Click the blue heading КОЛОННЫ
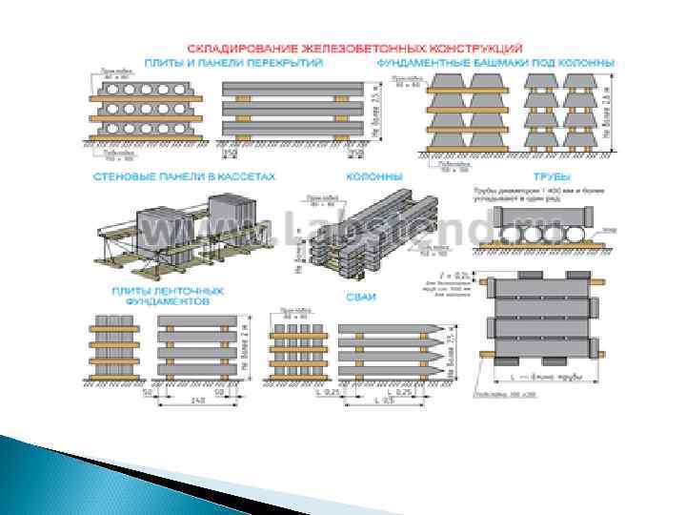coord(373,178)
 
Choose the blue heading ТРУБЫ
coord(549,178)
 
